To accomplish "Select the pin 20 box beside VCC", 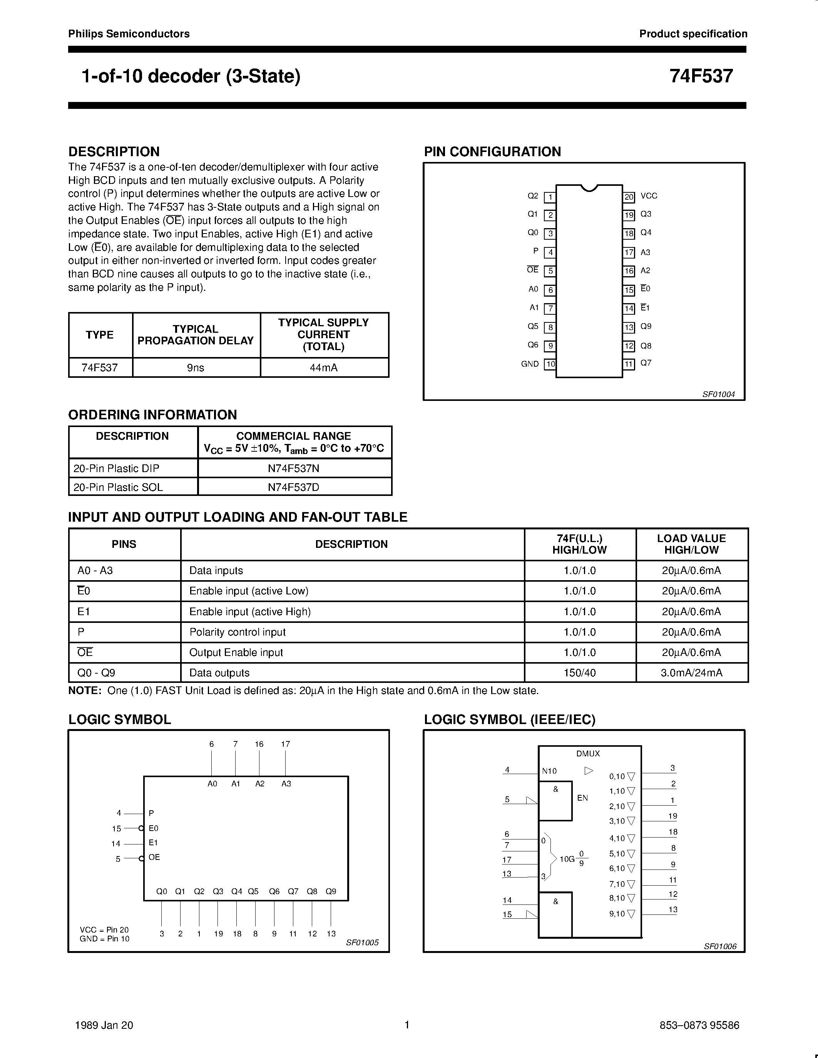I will click(x=629, y=197).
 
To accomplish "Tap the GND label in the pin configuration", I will click(x=530, y=364).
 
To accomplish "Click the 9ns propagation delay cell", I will click(x=196, y=368).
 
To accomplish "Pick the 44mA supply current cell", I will click(x=324, y=368).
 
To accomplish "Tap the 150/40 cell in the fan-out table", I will click(x=580, y=673).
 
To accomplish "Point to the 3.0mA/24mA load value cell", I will click(x=691, y=673).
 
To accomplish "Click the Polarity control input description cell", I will click(x=238, y=632).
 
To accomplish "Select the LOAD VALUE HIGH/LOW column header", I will click(x=691, y=544).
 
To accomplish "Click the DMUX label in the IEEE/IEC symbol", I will click(x=588, y=753).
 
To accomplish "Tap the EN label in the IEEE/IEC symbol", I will click(x=582, y=798).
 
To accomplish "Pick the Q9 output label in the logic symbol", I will click(x=331, y=891).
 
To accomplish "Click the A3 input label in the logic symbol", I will click(x=286, y=783).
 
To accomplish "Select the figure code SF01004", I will click(x=718, y=394).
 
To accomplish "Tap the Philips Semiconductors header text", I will click(x=129, y=34).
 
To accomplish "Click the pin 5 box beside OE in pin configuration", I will click(x=550, y=271).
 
